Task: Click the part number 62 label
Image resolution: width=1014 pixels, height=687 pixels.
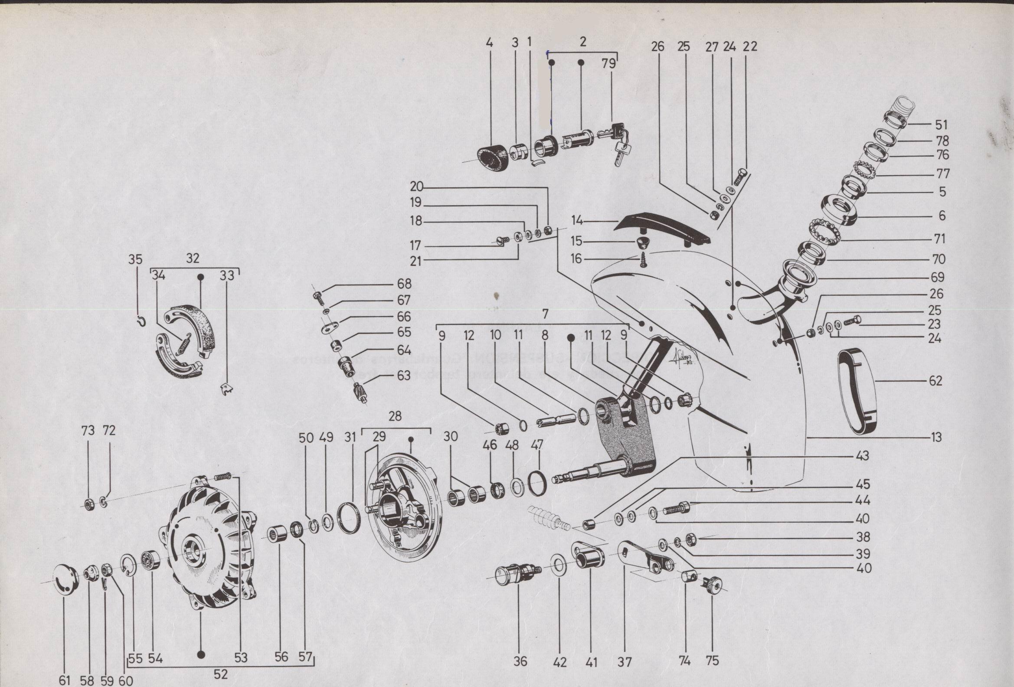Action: pyautogui.click(x=935, y=381)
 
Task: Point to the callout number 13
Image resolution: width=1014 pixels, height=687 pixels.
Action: pyautogui.click(x=935, y=437)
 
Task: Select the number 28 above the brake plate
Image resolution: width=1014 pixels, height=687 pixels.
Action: pyautogui.click(x=395, y=416)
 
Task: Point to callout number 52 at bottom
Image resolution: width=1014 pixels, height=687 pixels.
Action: pyautogui.click(x=221, y=674)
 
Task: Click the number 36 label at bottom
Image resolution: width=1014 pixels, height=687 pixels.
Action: pyautogui.click(x=520, y=661)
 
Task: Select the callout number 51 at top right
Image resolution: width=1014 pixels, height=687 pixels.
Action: pyautogui.click(x=942, y=125)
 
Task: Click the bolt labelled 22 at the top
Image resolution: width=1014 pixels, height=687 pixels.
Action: pyautogui.click(x=740, y=179)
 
